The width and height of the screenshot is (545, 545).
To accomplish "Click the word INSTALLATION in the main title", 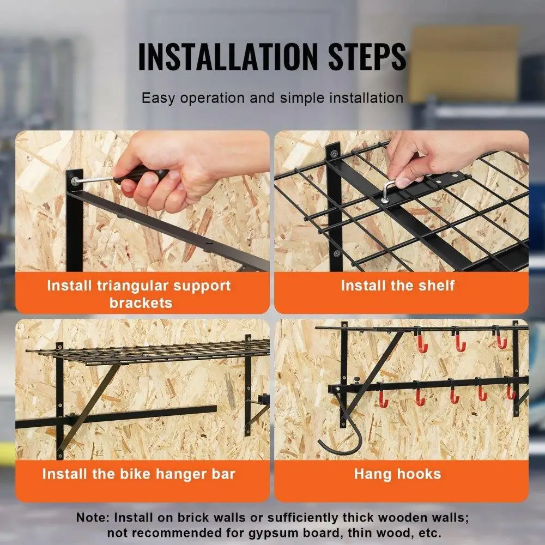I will coord(227,56).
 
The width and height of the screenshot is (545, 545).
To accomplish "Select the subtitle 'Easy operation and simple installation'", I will coord(272,98).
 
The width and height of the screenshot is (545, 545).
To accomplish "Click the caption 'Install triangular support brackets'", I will coord(139,294).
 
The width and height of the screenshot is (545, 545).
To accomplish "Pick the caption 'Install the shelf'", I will coord(397,286).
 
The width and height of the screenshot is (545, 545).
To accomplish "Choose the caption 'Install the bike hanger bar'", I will coord(139,474).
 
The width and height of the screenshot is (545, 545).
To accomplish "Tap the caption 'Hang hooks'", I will coord(397,474).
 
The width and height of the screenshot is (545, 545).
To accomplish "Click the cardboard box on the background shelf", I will coord(463,63).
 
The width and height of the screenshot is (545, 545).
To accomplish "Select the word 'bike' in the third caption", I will coord(130,474).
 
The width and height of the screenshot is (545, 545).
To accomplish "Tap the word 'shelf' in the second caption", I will coord(436,286).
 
